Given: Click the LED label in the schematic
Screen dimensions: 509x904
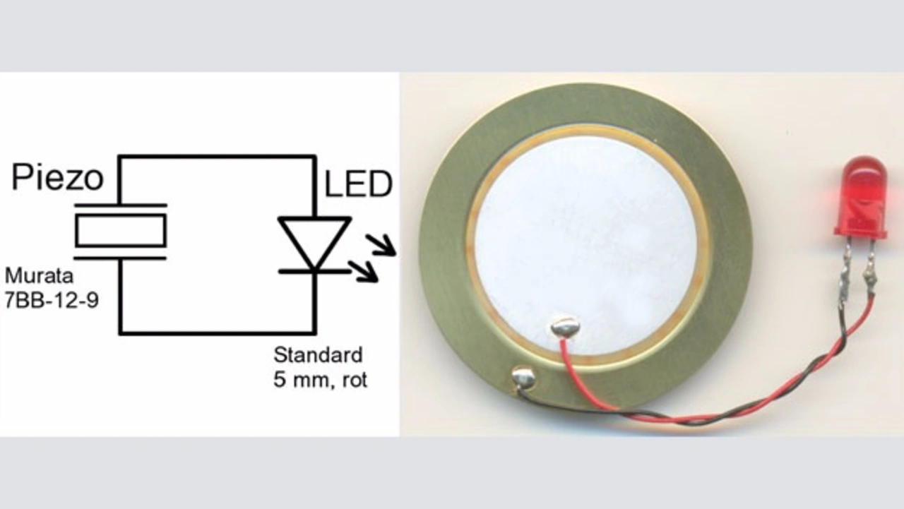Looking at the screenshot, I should pos(357,185).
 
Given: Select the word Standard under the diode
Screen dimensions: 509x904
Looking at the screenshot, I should pos(318,354).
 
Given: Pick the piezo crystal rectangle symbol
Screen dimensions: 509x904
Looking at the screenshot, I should pos(121,231).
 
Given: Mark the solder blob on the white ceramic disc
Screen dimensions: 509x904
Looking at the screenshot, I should pos(565,327).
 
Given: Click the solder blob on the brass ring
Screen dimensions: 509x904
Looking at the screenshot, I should pos(523,378).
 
